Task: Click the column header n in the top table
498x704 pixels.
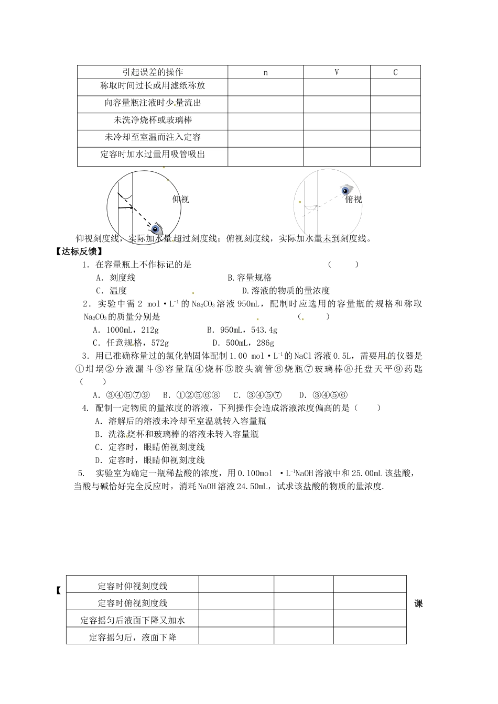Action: (265, 72)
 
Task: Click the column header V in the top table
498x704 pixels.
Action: (337, 72)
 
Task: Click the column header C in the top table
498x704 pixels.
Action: (395, 72)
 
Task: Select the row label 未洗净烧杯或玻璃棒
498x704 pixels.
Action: (153, 120)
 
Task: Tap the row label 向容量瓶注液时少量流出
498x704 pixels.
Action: (153, 103)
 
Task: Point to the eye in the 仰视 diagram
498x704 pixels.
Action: (156, 228)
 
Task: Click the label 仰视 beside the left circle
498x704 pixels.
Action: (180, 199)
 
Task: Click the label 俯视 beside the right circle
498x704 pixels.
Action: (353, 199)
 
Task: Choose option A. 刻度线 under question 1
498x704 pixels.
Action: (116, 278)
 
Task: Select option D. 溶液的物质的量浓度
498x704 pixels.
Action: (286, 291)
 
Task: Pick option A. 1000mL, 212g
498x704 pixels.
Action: (125, 330)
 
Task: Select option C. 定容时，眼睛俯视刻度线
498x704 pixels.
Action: (149, 447)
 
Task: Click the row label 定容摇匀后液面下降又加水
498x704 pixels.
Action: (133, 620)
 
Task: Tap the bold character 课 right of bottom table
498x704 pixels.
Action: (418, 603)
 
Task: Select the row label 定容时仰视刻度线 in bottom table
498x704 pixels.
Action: (133, 586)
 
